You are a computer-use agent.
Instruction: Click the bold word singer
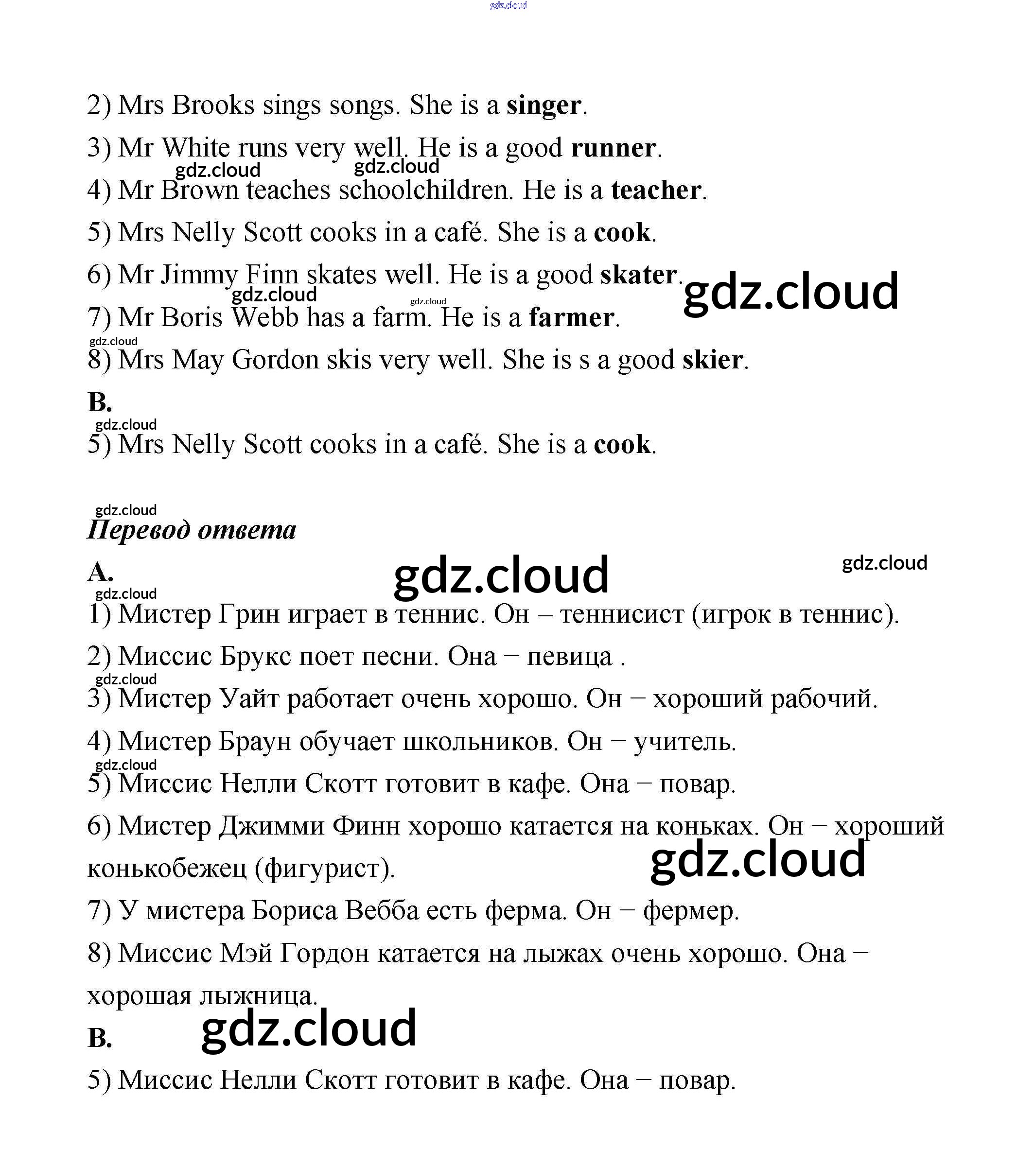[543, 106]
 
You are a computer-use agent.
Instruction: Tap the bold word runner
[613, 149]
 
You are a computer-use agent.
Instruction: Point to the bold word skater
[638, 275]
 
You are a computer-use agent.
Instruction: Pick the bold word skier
[712, 360]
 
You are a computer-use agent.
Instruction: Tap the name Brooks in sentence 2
[213, 106]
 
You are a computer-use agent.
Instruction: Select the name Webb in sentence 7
[264, 318]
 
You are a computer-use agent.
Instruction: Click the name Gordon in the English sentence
[275, 360]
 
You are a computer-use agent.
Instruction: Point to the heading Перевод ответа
[192, 530]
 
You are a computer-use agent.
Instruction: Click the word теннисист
[622, 614]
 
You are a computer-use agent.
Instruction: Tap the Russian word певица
[569, 657]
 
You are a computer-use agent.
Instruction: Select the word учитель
[684, 742]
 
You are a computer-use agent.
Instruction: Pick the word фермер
[691, 911]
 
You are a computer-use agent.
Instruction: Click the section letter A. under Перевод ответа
[100, 573]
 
